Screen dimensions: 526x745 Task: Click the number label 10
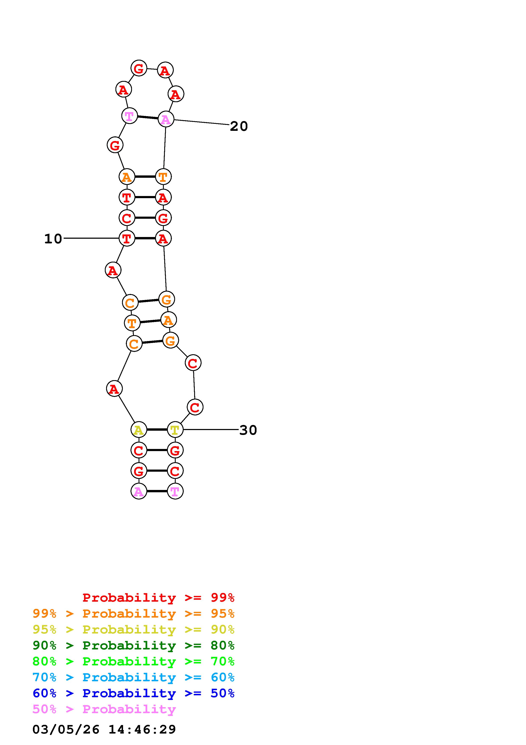(53, 239)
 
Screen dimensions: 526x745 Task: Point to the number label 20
(239, 126)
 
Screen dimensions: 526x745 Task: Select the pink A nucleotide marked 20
(166, 119)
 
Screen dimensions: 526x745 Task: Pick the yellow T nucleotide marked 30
(175, 430)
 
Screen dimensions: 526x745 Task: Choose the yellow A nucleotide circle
(139, 430)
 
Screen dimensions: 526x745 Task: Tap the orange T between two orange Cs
(132, 323)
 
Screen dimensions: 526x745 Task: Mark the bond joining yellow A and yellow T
(157, 430)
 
